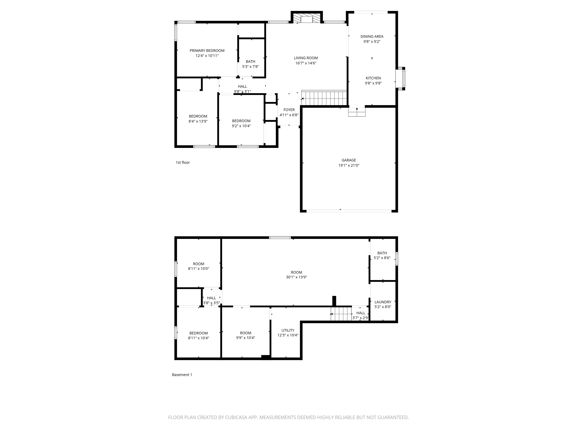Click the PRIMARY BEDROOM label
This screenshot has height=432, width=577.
tap(207, 50)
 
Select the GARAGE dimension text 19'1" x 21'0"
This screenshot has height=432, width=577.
tap(349, 165)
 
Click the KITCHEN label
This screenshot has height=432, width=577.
tap(373, 78)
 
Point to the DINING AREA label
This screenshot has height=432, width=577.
tap(372, 36)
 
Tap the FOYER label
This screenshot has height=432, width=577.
tap(289, 110)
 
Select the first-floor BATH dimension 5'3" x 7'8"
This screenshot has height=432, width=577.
tap(250, 67)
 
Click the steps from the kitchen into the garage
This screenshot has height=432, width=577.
tap(357, 112)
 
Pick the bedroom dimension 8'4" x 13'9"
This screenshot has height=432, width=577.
tap(198, 121)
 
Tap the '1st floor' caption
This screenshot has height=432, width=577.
tap(183, 163)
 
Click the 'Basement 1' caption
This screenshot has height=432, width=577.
tap(182, 375)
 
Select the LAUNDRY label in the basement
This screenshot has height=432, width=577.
tap(383, 302)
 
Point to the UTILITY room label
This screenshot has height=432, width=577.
tap(288, 330)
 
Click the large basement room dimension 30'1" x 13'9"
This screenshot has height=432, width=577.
tap(296, 277)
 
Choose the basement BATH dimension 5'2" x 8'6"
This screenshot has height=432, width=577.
tap(382, 258)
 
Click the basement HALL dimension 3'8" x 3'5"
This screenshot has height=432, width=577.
tap(211, 303)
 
